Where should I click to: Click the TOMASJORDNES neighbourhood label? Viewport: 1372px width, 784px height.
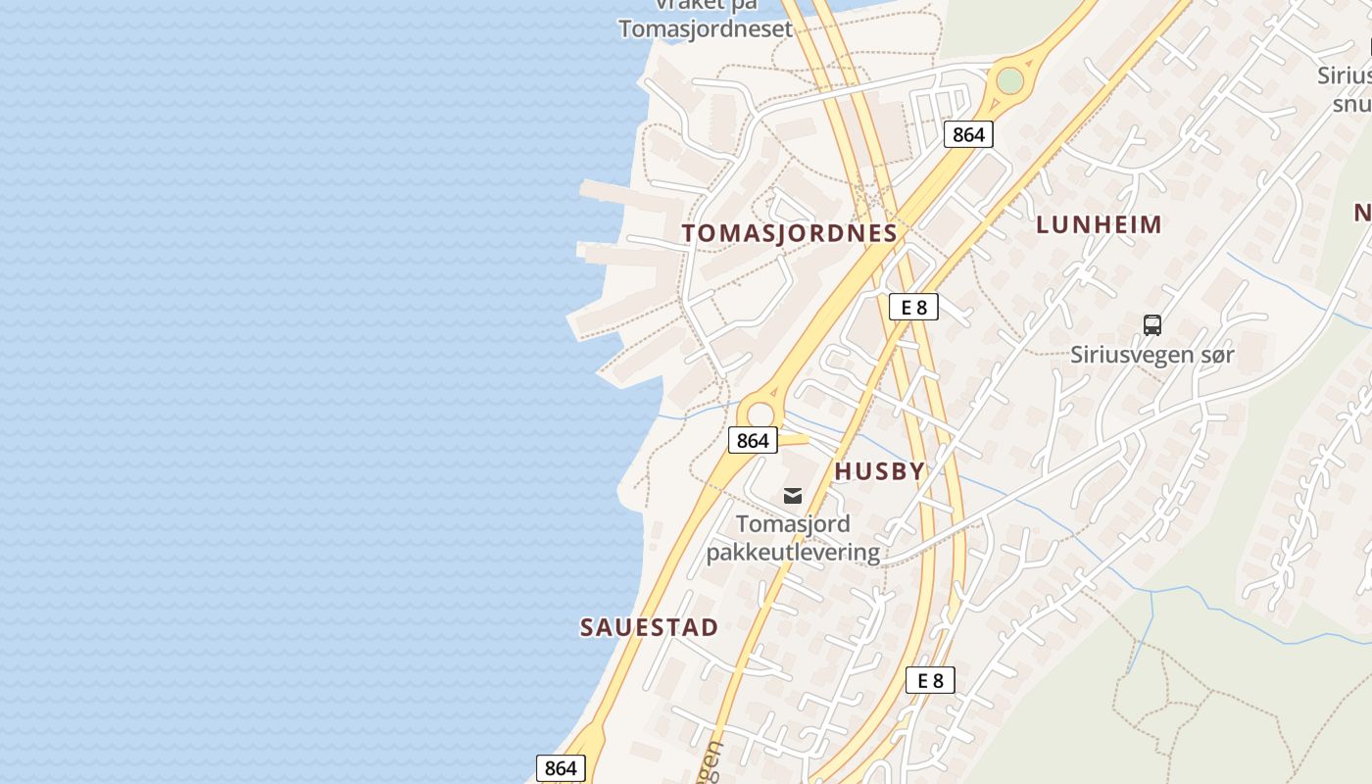pos(789,233)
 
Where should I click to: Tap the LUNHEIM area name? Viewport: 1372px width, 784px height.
pos(1099,224)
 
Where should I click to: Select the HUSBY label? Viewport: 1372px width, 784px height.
pos(879,471)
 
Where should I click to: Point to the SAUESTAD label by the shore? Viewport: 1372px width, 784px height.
pos(649,627)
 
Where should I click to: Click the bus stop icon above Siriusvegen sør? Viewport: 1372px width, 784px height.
pos(1152,324)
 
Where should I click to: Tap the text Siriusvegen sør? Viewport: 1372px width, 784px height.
pos(1152,355)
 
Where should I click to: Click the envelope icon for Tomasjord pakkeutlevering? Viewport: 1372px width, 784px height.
pos(793,496)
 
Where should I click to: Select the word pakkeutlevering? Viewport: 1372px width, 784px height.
pos(793,553)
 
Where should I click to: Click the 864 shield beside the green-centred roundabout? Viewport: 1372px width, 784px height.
pos(968,134)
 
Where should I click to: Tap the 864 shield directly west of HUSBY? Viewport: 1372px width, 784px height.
pos(753,441)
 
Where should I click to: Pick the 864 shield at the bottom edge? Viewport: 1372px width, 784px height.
pos(561,768)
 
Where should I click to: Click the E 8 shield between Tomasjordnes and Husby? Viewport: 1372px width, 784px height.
pos(913,308)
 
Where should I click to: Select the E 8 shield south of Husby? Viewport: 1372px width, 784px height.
pos(930,680)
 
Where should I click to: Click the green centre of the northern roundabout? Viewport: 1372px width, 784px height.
pos(1009,81)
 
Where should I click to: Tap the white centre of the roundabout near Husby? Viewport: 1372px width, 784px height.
pos(760,415)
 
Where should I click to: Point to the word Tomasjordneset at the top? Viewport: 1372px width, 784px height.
pos(705,28)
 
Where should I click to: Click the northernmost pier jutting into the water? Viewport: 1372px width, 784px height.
pos(627,192)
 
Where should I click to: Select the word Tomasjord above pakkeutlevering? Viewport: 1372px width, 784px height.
pos(793,524)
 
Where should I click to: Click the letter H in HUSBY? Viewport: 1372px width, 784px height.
pos(842,471)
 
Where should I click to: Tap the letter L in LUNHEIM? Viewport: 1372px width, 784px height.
pos(1043,224)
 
